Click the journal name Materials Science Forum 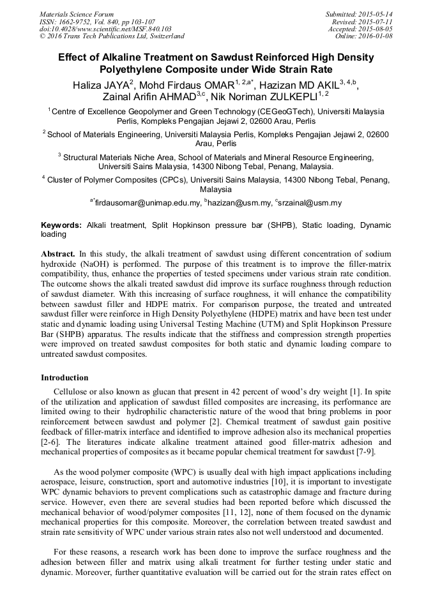click(x=77, y=13)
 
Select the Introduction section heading click(x=65, y=378)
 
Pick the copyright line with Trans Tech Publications click(x=112, y=36)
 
